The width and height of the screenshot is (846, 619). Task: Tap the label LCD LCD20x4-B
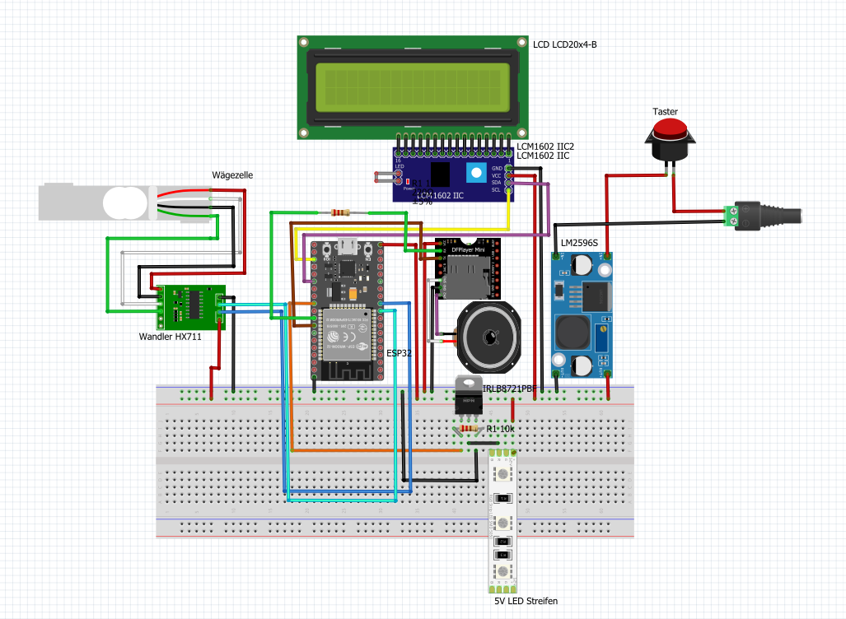[x=564, y=44]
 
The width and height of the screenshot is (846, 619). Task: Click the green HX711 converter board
[x=191, y=305]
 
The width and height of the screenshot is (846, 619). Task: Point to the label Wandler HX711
[x=171, y=337]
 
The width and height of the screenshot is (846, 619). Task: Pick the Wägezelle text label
[x=233, y=175]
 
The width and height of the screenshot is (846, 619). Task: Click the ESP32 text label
[x=400, y=352]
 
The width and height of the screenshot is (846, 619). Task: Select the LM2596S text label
[x=579, y=243]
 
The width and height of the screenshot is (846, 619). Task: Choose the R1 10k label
[x=500, y=430]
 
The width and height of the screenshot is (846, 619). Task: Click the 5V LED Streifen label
[x=526, y=601]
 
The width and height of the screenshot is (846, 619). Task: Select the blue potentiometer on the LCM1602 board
[x=475, y=173]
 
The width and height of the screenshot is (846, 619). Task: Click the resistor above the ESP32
[x=338, y=212]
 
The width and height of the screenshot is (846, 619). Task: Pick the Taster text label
[x=665, y=111]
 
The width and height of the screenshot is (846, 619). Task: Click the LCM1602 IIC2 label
[x=545, y=146]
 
